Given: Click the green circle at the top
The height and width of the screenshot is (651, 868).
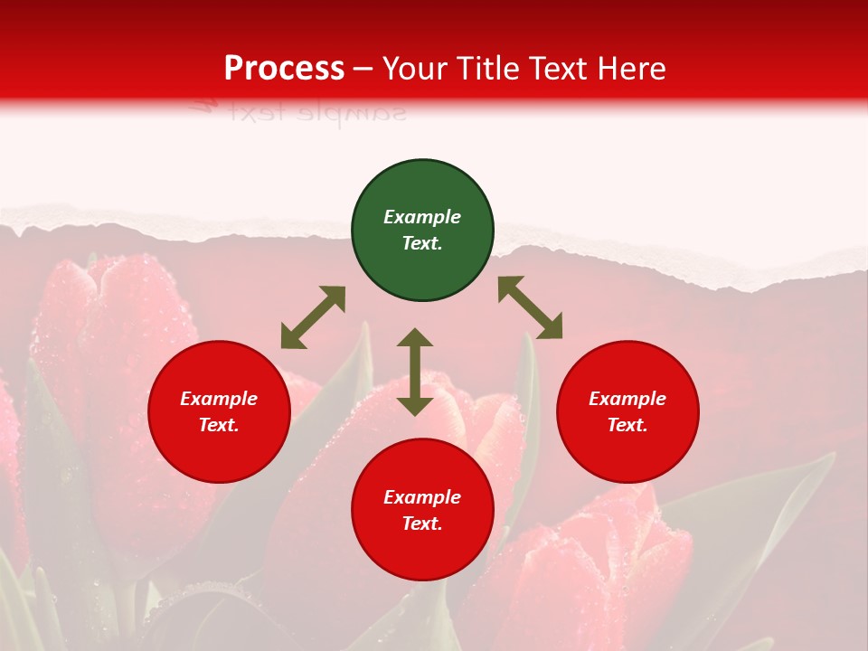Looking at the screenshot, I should (x=422, y=231).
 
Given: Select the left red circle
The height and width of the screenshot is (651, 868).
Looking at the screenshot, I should (x=219, y=412).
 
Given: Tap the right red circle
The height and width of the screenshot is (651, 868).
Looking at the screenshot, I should (x=627, y=412).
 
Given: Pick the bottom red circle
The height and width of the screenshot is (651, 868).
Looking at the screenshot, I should (x=422, y=511).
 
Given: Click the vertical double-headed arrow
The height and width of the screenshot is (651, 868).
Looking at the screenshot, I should (x=415, y=372).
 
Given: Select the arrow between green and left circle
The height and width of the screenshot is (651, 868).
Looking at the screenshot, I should (x=313, y=317).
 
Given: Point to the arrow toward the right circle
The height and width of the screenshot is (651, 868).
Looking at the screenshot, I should (x=530, y=307).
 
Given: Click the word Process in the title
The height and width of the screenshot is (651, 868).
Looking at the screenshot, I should (x=284, y=69).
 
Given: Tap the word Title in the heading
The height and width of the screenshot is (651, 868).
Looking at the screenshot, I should (x=489, y=69).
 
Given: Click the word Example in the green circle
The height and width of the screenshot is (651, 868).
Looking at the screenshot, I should (x=422, y=217).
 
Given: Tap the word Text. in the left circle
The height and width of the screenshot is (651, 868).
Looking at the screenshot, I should (x=219, y=425).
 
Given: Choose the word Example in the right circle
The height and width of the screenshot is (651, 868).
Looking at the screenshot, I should (x=627, y=399).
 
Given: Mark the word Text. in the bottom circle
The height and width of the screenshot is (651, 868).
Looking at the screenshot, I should (x=422, y=524).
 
